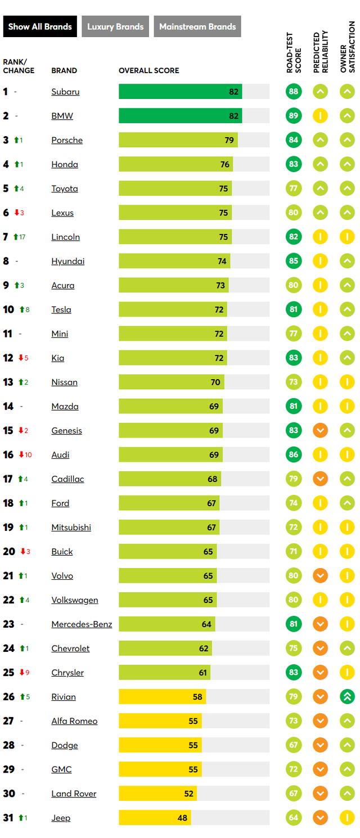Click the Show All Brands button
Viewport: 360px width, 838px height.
40,26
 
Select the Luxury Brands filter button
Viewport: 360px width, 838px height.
115,26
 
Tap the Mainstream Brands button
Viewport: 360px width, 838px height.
197,26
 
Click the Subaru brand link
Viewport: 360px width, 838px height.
65,92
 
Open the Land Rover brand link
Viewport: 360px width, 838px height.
74,794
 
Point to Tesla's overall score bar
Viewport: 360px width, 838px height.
173,309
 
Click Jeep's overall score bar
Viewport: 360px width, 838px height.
155,818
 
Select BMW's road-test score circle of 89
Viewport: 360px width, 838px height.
294,116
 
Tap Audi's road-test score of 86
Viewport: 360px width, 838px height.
294,454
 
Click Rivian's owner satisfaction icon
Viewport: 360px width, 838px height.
348,697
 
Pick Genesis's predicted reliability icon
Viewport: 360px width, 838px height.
320,430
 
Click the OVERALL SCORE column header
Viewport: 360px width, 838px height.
149,71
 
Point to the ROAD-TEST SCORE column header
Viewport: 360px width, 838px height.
294,53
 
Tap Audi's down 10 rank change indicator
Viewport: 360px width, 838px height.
25,454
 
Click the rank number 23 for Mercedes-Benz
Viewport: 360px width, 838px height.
8,624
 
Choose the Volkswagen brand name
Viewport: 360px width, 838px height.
75,600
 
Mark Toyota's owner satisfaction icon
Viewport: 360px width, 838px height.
348,188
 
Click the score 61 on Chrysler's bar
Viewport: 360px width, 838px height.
202,673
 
